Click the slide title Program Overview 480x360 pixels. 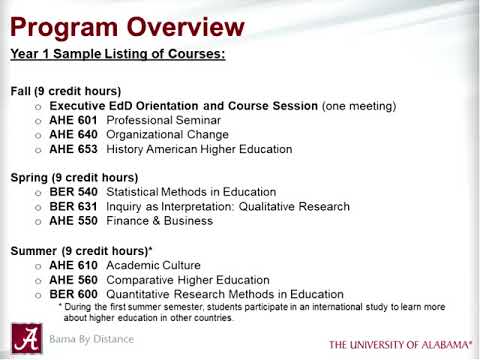(x=127, y=25)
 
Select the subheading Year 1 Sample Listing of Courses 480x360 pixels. (x=117, y=53)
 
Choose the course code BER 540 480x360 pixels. (x=73, y=192)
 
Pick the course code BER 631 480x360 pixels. (x=73, y=207)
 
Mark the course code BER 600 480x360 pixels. (x=73, y=294)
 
